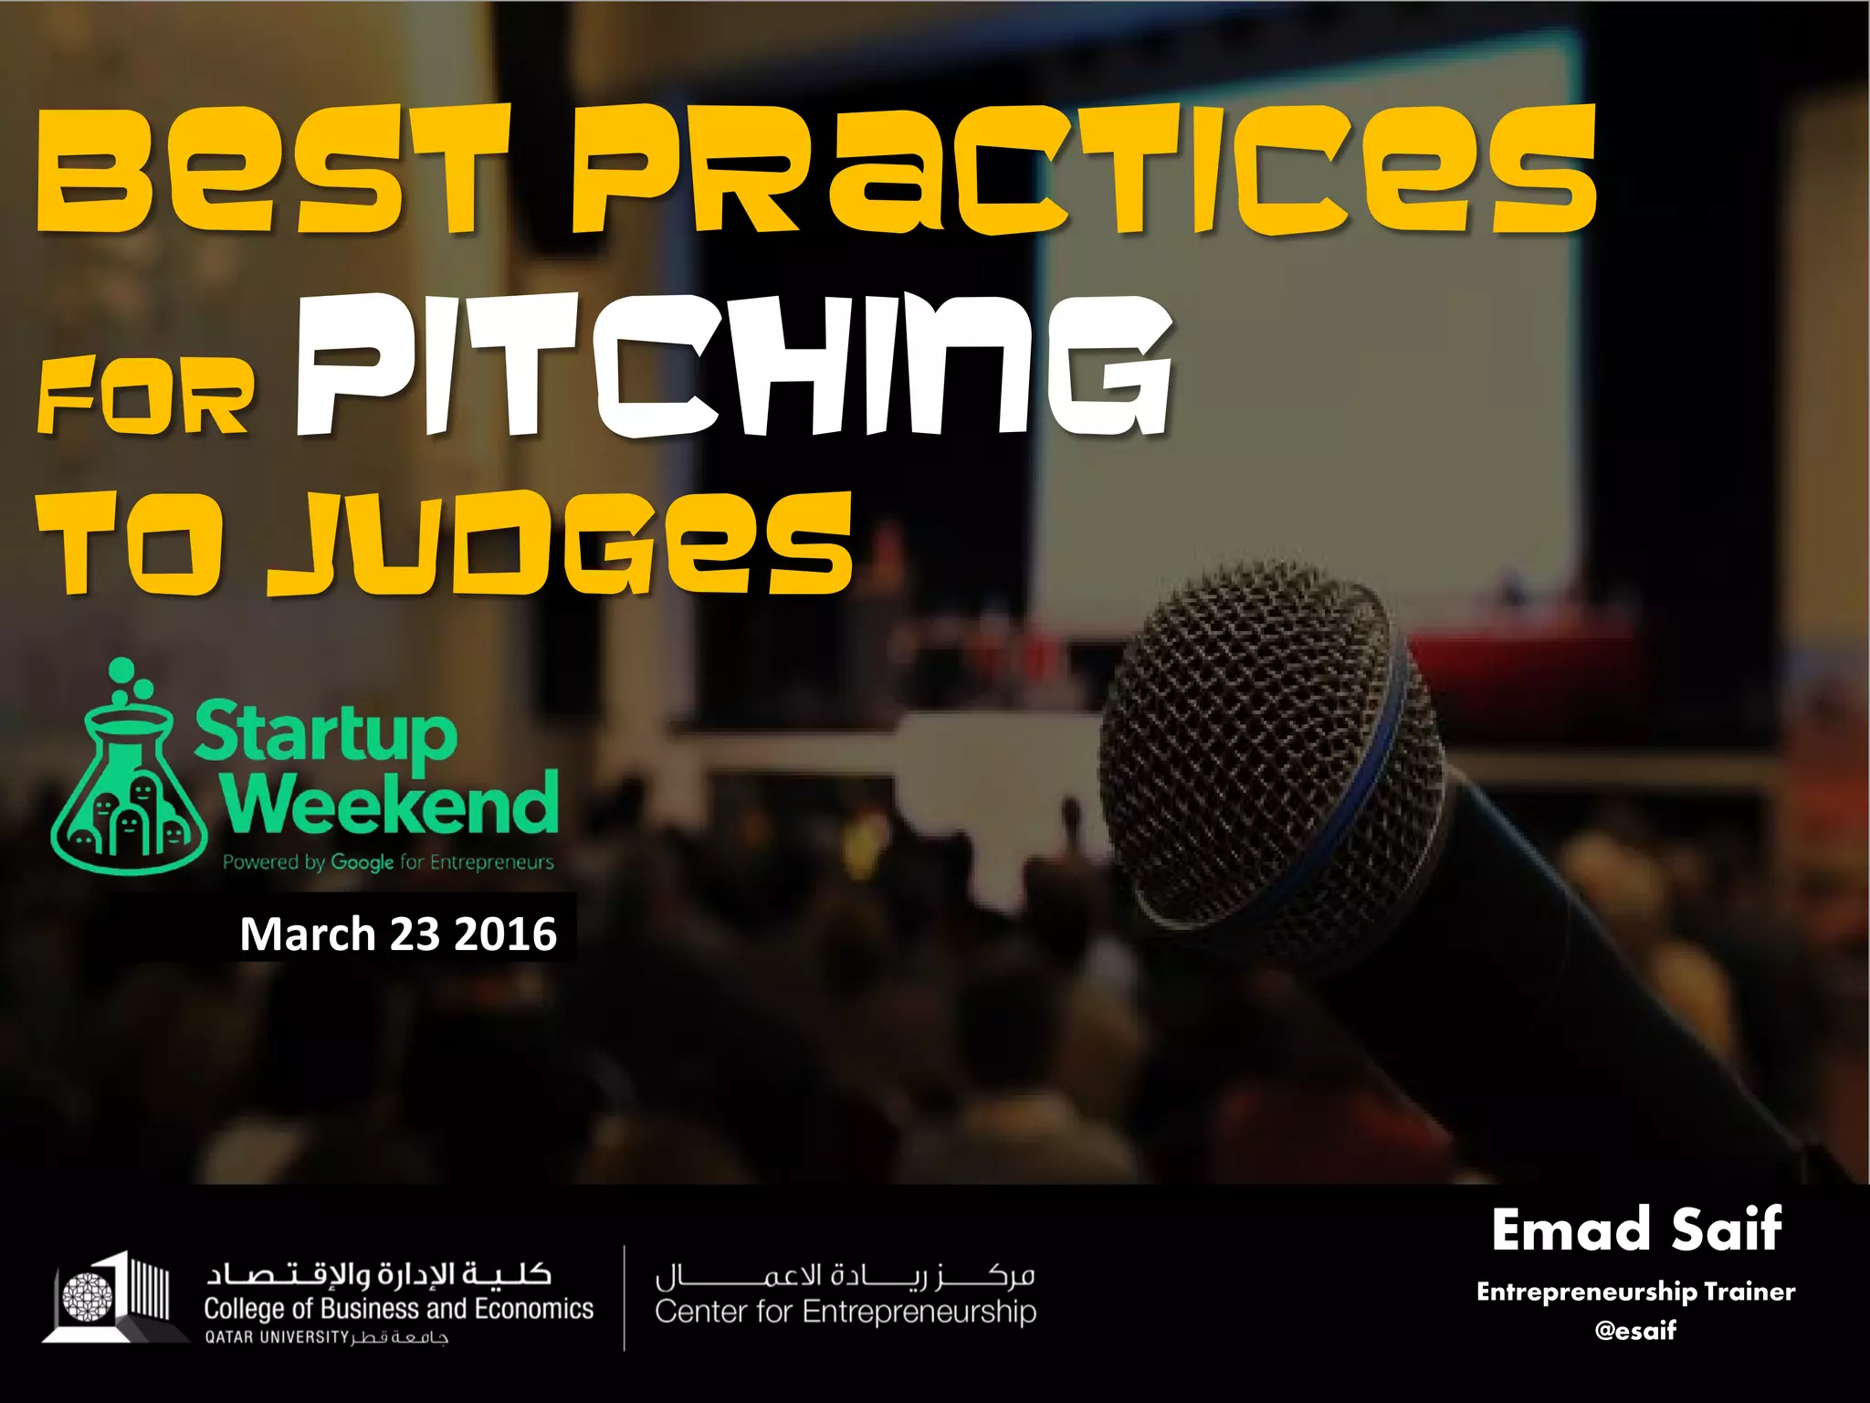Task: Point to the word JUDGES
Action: pos(559,545)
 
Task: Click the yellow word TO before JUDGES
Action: pos(129,545)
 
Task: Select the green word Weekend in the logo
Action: pos(391,804)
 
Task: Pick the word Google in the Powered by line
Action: pos(362,862)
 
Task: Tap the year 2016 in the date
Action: pos(505,934)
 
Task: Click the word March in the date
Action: pos(308,934)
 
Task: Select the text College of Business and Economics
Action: pos(398,1309)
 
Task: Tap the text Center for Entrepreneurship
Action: pos(846,1312)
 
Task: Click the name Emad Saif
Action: pos(1636,1229)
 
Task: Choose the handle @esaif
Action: pos(1635,1330)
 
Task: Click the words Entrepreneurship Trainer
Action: pos(1635,1292)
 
